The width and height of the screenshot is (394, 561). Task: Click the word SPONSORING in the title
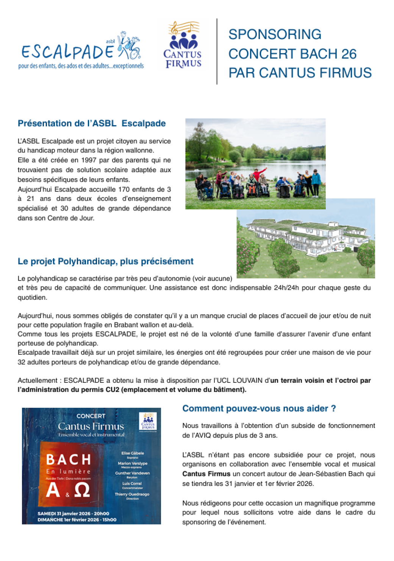[x=275, y=35]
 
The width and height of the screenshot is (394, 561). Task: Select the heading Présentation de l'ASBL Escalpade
[x=92, y=123]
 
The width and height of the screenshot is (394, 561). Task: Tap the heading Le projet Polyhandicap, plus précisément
[x=105, y=261]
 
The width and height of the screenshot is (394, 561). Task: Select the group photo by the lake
[x=255, y=164]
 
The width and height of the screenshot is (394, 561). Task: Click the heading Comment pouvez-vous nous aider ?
[x=259, y=409]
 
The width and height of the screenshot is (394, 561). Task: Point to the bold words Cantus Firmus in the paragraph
[x=206, y=474]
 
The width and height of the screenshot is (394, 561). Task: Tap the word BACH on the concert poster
[x=69, y=460]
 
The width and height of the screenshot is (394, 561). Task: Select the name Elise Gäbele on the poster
[x=133, y=453]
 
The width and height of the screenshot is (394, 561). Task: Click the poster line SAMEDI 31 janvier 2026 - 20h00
[x=73, y=514]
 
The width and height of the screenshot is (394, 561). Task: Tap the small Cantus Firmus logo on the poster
[x=148, y=421]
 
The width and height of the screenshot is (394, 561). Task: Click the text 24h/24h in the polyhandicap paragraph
[x=286, y=288]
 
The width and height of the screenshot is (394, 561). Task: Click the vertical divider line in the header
[x=217, y=51]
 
